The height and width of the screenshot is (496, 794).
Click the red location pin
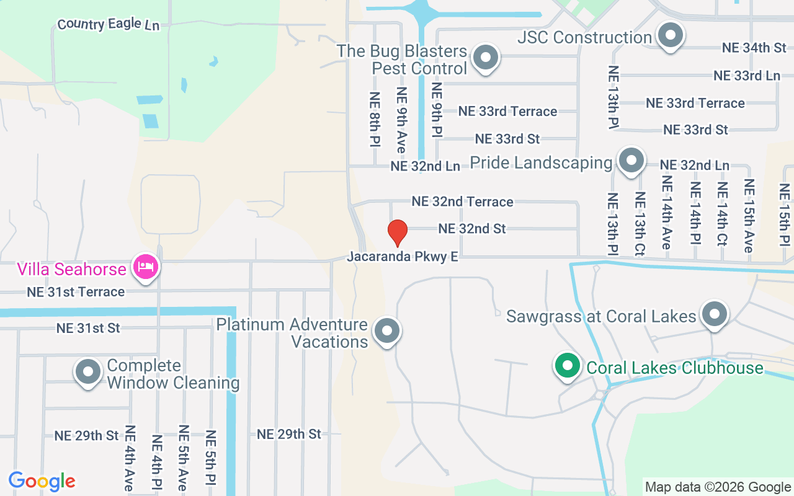click(397, 232)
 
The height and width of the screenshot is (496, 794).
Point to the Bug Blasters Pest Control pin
click(486, 58)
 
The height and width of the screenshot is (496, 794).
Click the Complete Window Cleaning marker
click(88, 372)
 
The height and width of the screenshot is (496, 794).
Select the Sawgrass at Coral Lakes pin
click(715, 314)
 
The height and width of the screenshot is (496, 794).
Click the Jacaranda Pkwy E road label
click(403, 257)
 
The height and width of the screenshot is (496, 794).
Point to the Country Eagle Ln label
click(108, 25)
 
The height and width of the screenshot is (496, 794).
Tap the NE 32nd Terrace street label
click(462, 201)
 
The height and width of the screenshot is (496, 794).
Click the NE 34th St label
click(754, 48)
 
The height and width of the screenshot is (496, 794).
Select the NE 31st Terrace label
click(76, 291)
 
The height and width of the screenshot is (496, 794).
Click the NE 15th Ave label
click(749, 215)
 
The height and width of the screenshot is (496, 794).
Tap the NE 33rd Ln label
click(746, 76)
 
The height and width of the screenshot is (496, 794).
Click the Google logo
click(42, 481)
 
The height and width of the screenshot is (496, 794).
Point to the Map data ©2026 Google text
click(718, 487)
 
